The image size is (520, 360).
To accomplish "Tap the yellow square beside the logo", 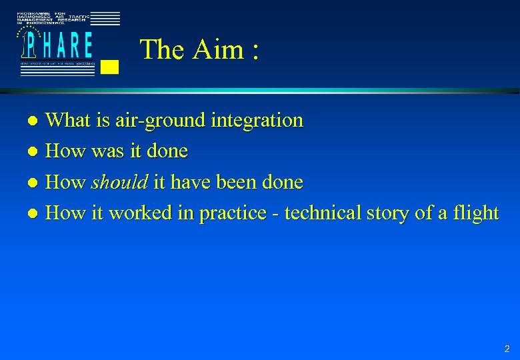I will (x=111, y=66).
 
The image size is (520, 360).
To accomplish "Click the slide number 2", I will (x=507, y=349).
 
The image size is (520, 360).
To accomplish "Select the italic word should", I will (x=119, y=182).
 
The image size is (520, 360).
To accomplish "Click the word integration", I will (x=257, y=121).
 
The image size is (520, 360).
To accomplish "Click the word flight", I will (x=476, y=213).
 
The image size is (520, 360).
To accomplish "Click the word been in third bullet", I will (x=233, y=182).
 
